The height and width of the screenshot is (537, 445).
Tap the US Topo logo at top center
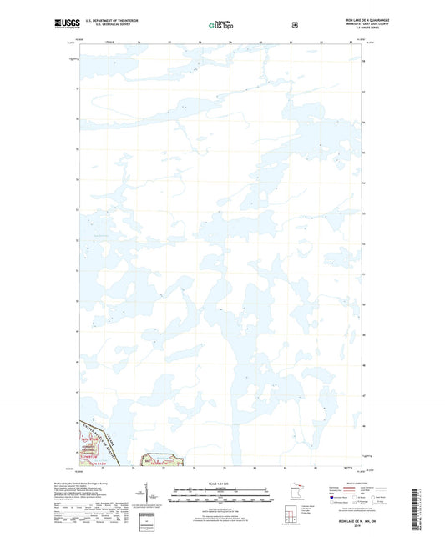[222, 25]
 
